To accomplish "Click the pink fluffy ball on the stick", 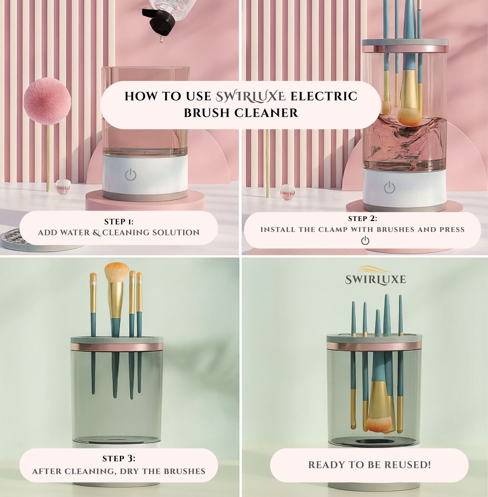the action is (47, 101).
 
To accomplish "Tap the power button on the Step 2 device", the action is (389, 187).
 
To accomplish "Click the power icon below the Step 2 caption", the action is (365, 240).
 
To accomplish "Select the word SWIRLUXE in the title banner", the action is (251, 97).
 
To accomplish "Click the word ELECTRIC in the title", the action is (324, 96).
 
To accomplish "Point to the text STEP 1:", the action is (119, 221).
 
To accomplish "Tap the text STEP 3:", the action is (119, 458).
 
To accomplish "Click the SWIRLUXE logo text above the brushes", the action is (376, 280).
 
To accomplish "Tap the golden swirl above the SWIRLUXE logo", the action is (375, 269).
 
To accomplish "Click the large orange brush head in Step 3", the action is (117, 273).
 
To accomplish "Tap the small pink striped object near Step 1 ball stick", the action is (63, 187).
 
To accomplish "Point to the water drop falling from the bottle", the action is (161, 39).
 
